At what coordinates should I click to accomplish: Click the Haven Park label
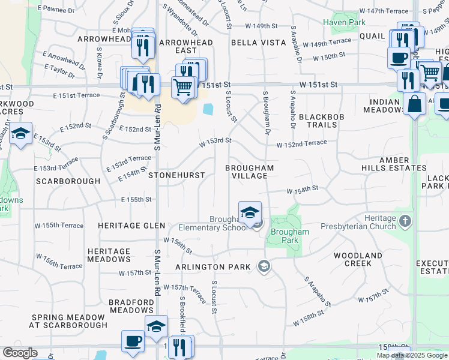[345, 22]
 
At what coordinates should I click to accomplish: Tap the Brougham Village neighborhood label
[250, 172]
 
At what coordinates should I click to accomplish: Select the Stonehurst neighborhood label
[176, 175]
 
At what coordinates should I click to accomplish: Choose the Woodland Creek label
[358, 259]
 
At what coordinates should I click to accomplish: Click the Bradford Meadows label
[131, 306]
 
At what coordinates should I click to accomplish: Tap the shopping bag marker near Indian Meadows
[414, 104]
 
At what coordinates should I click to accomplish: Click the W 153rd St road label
[215, 140]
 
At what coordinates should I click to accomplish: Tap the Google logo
[20, 353]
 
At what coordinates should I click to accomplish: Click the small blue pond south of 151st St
[208, 110]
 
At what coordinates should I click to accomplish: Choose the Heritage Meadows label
[109, 256]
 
